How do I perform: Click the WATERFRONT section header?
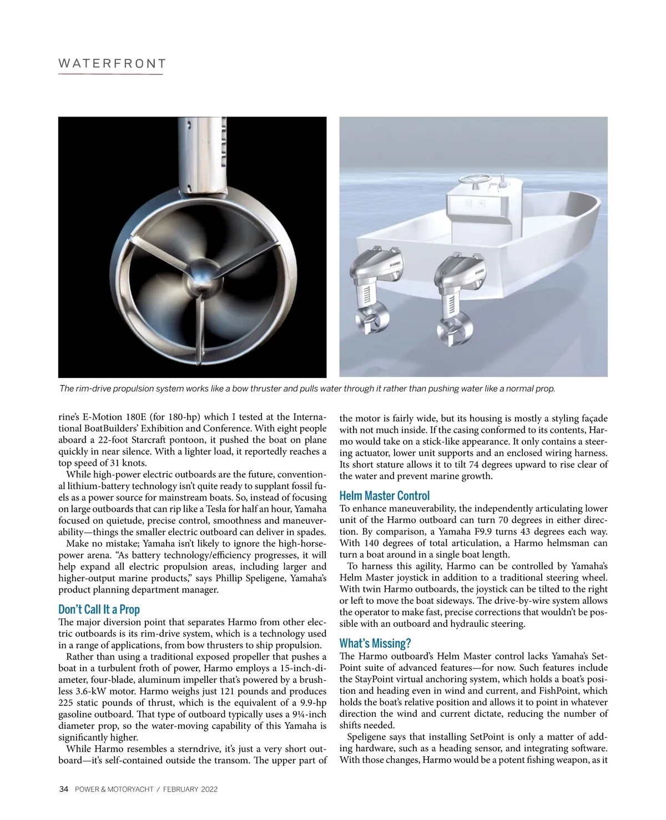click(x=112, y=63)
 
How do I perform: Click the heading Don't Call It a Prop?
click(x=99, y=609)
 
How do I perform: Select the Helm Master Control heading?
click(x=384, y=495)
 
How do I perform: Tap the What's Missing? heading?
click(x=375, y=643)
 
